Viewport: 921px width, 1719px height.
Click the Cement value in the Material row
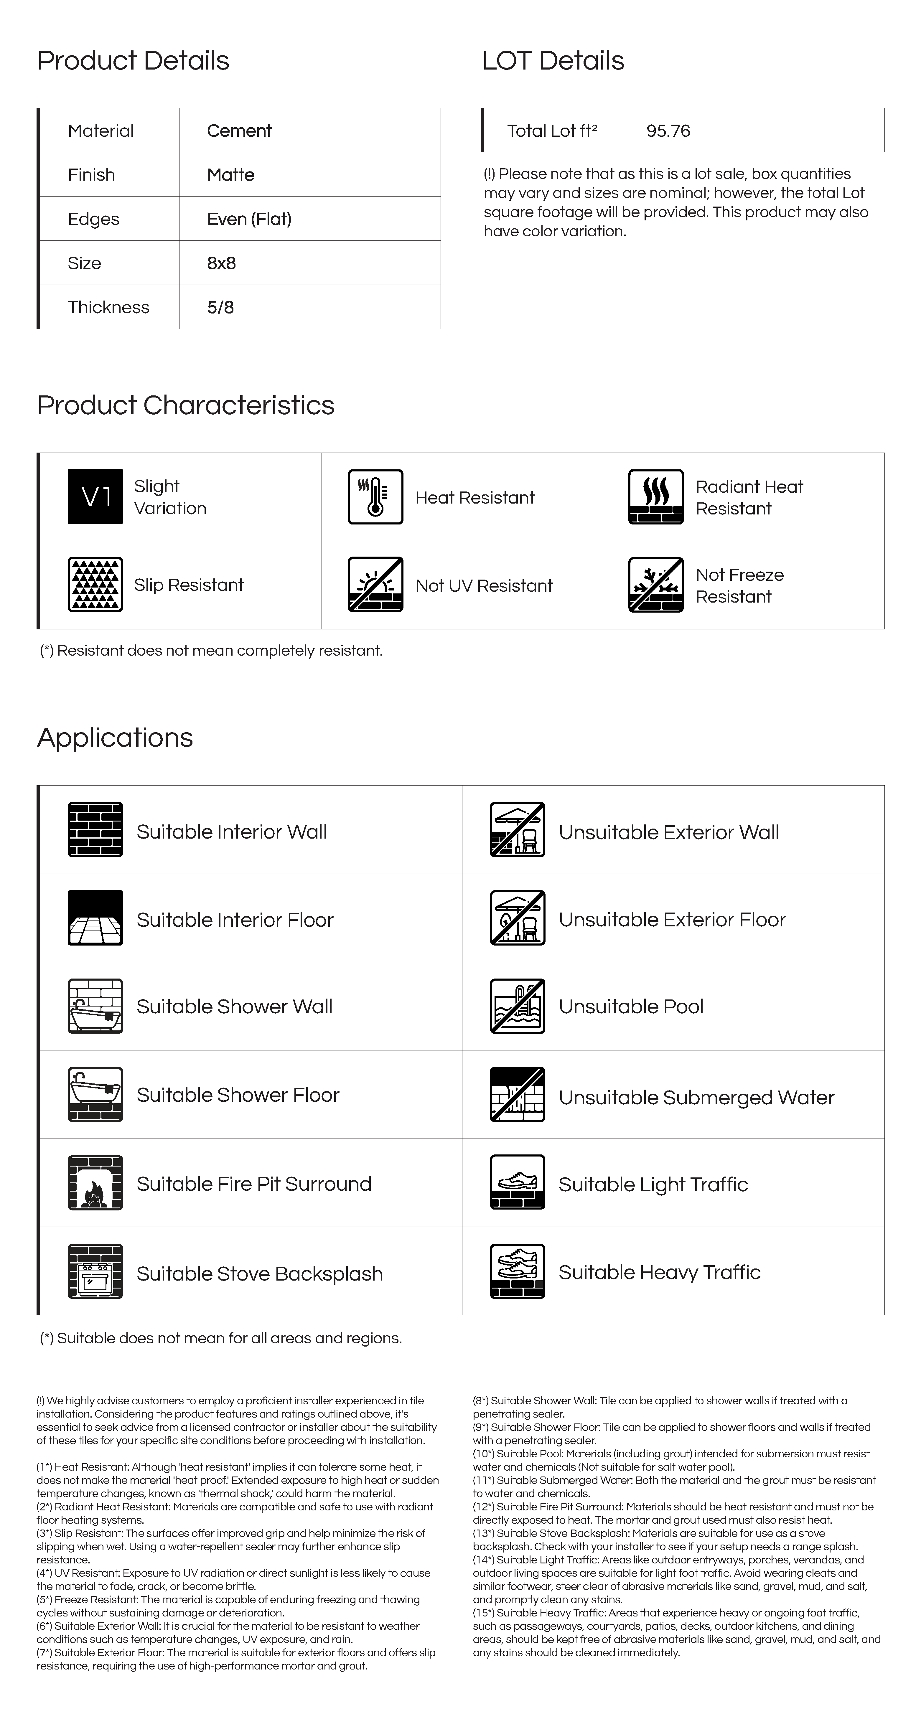point(239,131)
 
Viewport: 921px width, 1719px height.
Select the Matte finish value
point(230,175)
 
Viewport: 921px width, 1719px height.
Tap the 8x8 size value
point(221,263)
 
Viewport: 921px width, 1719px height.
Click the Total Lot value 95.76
point(668,131)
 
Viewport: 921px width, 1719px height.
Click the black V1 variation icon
point(95,496)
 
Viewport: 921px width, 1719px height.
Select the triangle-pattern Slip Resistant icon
point(95,585)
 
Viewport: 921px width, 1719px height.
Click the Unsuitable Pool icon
point(517,1006)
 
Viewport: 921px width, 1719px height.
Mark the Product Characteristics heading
point(186,405)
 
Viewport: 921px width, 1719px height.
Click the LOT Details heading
point(553,61)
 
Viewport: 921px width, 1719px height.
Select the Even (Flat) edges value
point(249,219)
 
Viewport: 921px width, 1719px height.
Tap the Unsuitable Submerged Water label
point(696,1098)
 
